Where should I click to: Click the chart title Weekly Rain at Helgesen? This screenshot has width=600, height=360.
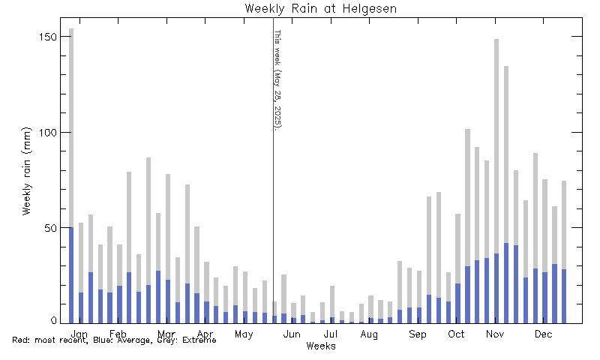click(x=320, y=8)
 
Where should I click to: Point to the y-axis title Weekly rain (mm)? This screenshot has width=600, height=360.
click(x=27, y=170)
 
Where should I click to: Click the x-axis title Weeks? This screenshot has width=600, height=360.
click(x=320, y=346)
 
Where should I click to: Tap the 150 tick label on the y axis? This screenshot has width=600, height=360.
click(x=49, y=37)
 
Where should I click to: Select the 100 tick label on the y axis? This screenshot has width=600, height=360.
click(x=49, y=132)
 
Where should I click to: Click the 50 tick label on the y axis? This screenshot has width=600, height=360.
click(x=52, y=227)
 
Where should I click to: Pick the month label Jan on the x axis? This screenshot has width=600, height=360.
click(x=79, y=334)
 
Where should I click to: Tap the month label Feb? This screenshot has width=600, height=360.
click(x=118, y=334)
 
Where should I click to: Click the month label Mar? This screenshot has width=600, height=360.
click(x=166, y=334)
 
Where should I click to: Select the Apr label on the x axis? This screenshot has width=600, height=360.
click(x=205, y=334)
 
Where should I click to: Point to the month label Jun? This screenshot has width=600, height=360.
click(x=292, y=334)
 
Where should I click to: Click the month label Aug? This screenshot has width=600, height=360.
click(x=369, y=334)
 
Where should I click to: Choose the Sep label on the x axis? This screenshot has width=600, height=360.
click(x=418, y=334)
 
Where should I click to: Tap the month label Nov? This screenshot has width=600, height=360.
click(x=495, y=334)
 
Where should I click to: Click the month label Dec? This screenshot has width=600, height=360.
click(x=543, y=334)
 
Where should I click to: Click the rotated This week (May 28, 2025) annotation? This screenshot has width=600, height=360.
click(x=277, y=79)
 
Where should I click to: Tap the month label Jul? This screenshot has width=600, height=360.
click(x=331, y=334)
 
